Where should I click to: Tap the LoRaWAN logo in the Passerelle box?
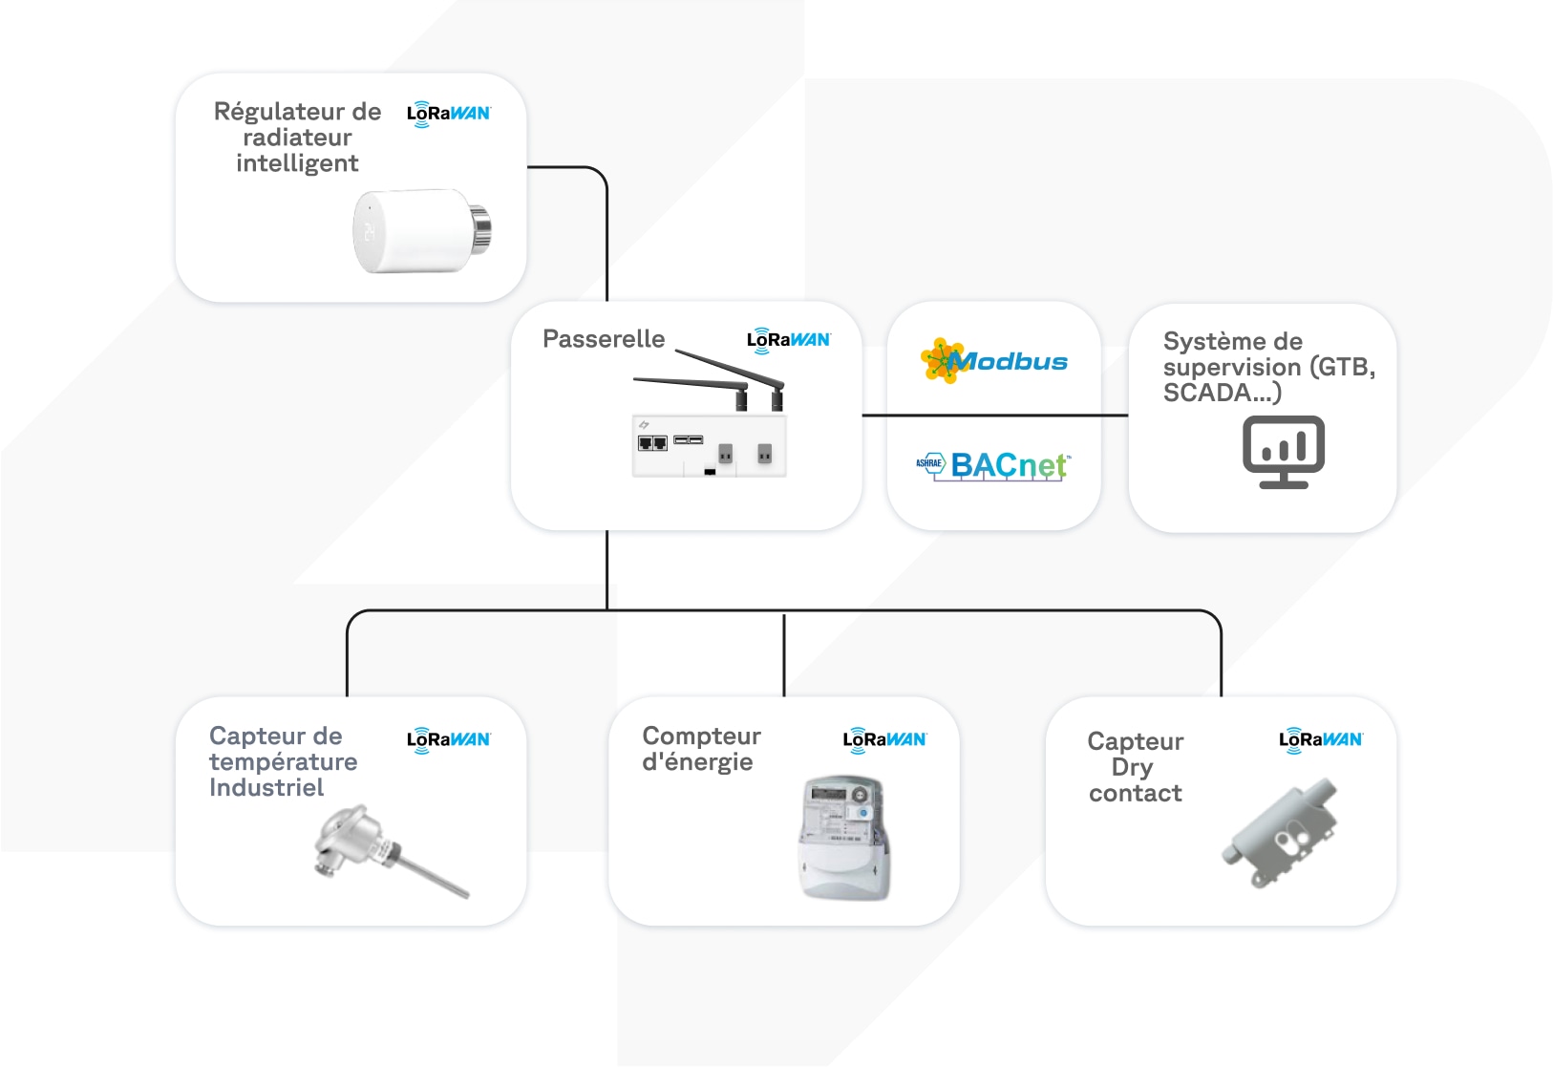tap(788, 340)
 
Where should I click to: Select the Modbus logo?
tap(994, 361)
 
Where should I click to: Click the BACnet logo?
tap(994, 465)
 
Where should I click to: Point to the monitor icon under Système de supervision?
tap(1283, 452)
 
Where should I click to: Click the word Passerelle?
tap(603, 339)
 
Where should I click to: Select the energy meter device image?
tap(842, 838)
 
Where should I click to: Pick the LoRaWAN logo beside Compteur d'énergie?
tap(884, 739)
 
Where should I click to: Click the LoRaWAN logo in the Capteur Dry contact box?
tap(1320, 739)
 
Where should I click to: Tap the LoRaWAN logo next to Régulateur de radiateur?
tap(448, 114)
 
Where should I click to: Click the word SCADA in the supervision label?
tap(1206, 393)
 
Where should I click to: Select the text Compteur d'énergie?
tap(700, 749)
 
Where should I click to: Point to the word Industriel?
tap(266, 788)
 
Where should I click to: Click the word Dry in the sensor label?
tap(1133, 767)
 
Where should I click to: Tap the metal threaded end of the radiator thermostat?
tap(480, 230)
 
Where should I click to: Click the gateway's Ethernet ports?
tap(652, 443)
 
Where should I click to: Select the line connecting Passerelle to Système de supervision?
tap(994, 416)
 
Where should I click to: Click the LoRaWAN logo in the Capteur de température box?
tap(448, 739)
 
